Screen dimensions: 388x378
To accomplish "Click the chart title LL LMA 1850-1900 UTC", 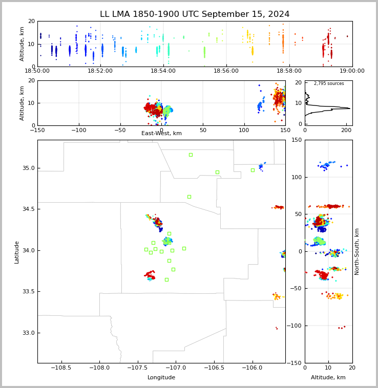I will (195, 14).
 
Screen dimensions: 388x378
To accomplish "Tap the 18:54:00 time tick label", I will (163, 71).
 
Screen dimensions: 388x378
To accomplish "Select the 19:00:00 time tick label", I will (352, 71).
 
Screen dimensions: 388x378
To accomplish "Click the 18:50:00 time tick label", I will (37, 71).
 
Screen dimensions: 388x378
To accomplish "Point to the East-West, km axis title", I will (161, 134).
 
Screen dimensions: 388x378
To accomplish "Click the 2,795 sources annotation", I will (329, 83).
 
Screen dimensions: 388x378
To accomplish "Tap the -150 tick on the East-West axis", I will (37, 130).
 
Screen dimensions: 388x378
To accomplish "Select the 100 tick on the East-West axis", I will (244, 130).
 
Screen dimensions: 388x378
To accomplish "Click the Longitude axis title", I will (161, 377).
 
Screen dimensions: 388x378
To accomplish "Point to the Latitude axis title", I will (17, 252).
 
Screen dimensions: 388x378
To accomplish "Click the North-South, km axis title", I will (357, 252).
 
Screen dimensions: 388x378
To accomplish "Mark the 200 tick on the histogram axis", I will (346, 130).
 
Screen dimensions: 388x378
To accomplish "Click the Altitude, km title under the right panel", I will (328, 377).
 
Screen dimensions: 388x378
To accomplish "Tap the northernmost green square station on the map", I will (191, 155).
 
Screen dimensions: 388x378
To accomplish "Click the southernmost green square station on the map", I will (166, 279).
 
